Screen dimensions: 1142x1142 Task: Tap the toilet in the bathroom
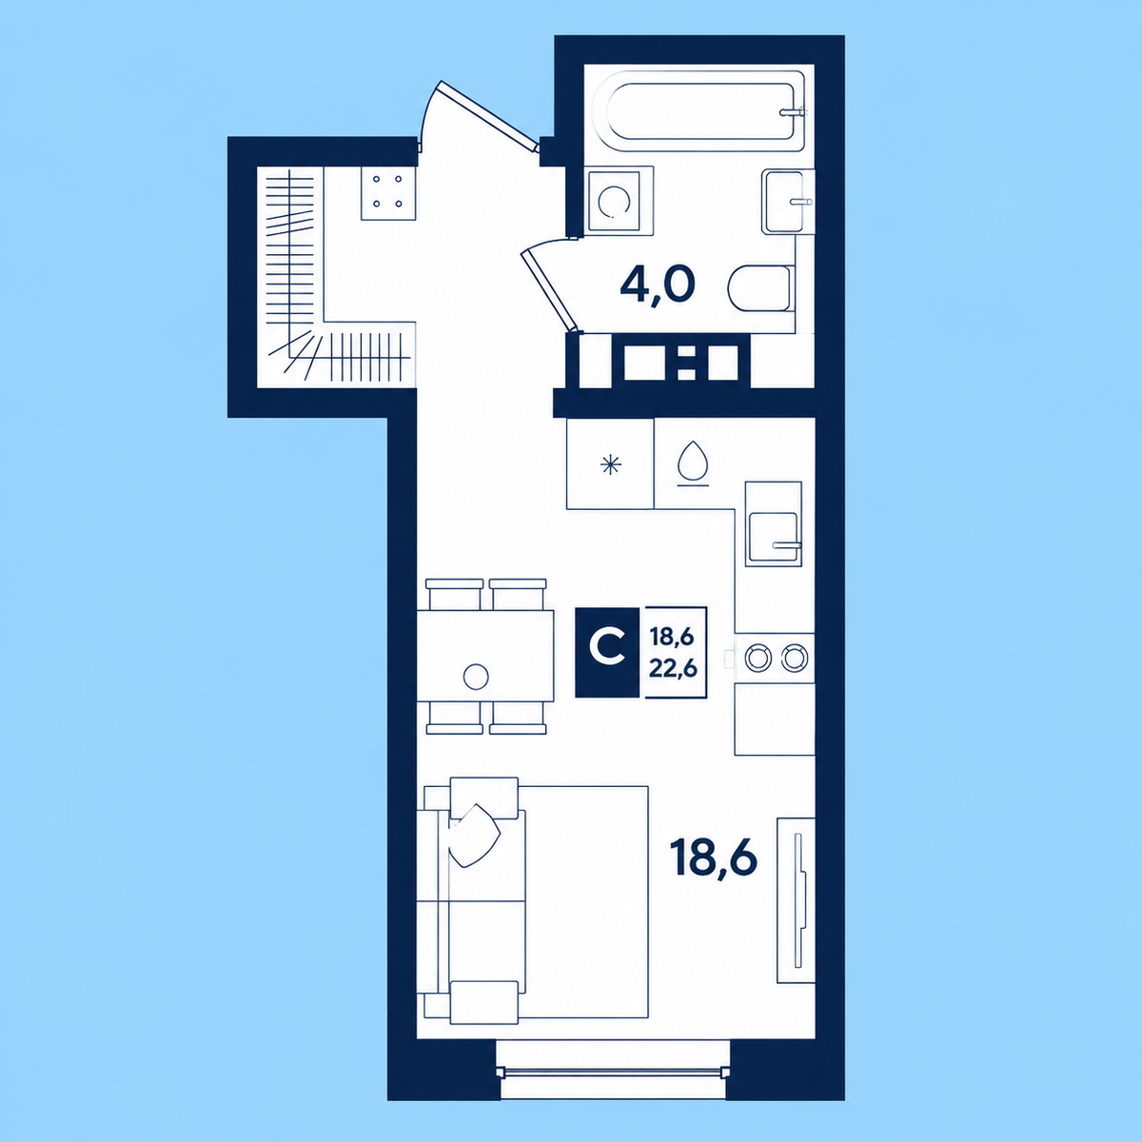click(760, 288)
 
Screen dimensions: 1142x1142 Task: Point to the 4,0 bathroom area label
click(658, 286)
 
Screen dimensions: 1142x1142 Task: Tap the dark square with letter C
click(607, 652)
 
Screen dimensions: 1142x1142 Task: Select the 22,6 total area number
click(673, 668)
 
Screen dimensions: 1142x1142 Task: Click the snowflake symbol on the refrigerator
click(610, 464)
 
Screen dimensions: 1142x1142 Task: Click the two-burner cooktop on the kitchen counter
click(776, 658)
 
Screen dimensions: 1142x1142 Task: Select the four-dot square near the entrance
click(387, 191)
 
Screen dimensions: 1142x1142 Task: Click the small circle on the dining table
click(476, 677)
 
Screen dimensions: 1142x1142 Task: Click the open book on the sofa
click(474, 836)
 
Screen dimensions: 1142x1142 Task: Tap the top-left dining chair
click(455, 595)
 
